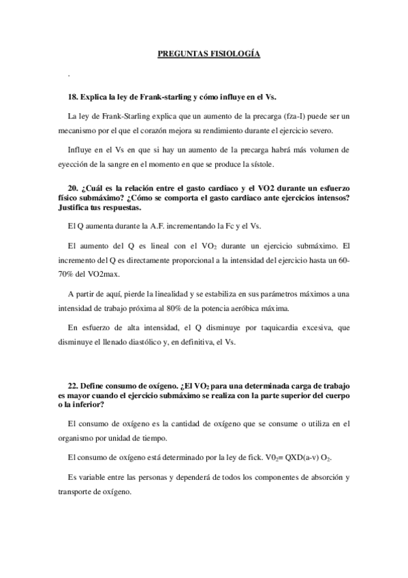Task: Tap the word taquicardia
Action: coord(272,328)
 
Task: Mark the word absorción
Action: coord(319,478)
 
